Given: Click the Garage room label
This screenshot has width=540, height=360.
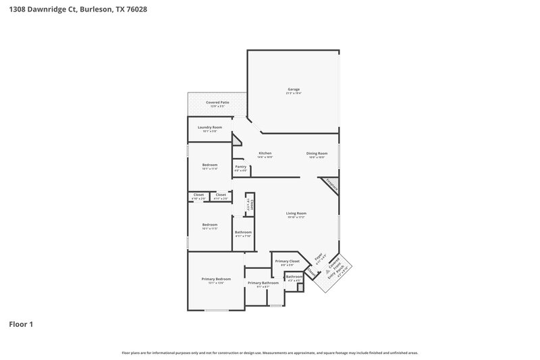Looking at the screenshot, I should click(x=294, y=89).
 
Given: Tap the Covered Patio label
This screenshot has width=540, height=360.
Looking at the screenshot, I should click(x=217, y=102).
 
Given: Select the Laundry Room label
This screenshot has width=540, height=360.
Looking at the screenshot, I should click(x=209, y=127).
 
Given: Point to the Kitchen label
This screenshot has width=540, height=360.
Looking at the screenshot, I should click(x=265, y=153).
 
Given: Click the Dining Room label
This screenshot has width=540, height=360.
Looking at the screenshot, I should click(x=317, y=153).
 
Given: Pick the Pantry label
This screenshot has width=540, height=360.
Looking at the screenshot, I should click(x=240, y=166).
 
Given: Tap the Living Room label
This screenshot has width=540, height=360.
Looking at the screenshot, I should click(x=296, y=213).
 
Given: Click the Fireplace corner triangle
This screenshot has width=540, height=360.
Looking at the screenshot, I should click(x=331, y=184).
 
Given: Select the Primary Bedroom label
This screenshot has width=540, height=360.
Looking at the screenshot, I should click(x=216, y=279).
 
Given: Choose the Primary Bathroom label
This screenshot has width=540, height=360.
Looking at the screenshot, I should click(x=258, y=282).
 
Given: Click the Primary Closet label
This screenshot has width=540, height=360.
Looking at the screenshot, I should click(x=287, y=261).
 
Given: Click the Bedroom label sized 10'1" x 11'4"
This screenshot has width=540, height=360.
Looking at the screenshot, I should click(x=209, y=165).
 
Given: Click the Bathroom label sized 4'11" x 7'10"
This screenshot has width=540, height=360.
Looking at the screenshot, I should click(x=243, y=232).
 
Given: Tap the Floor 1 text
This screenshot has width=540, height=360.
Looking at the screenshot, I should click(x=21, y=324).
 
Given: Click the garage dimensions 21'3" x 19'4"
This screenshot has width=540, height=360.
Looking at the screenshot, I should click(x=294, y=93).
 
